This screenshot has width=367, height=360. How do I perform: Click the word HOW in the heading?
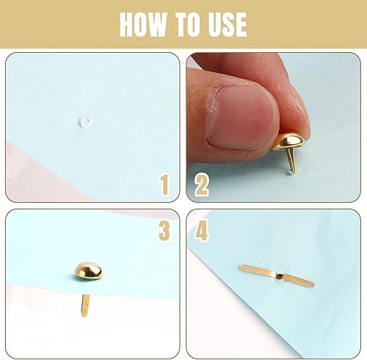point(143,25)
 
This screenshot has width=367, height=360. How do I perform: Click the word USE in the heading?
point(228,25)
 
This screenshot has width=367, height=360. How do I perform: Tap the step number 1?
point(164,184)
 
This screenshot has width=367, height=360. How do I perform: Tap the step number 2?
point(202,184)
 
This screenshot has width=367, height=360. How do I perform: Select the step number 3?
point(164,230)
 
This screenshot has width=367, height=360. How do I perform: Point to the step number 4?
point(202,230)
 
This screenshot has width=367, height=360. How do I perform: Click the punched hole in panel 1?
point(84,122)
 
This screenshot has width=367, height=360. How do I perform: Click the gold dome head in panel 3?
point(89,271)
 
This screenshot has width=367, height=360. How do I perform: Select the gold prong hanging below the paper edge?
point(85,306)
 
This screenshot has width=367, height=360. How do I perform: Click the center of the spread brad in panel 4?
point(279,276)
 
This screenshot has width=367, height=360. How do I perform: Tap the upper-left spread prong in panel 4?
point(258,270)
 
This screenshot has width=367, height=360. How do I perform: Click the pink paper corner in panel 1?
point(37,174)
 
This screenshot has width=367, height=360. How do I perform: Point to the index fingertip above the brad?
point(294,110)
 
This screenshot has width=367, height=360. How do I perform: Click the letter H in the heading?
point(127,25)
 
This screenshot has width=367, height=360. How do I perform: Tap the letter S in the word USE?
point(228,25)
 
